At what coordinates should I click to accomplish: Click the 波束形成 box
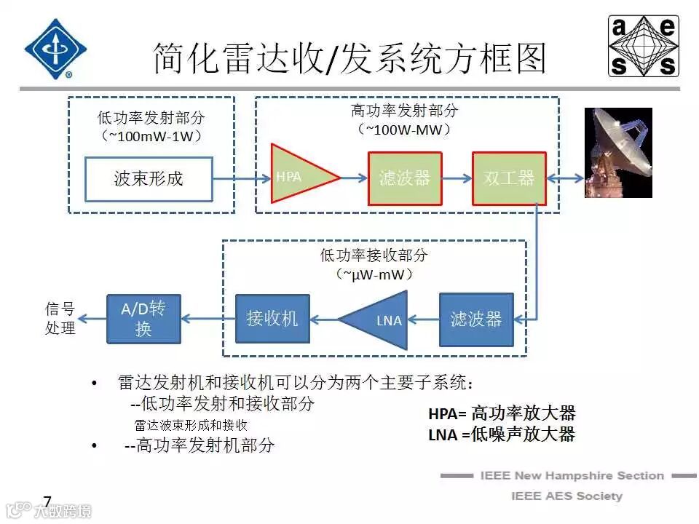tap(149, 179)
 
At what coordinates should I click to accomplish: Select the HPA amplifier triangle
tap(299, 175)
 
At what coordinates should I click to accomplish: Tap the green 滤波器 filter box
tap(405, 178)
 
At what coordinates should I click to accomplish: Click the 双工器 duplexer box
tap(509, 178)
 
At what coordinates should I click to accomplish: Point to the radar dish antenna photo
tap(618, 153)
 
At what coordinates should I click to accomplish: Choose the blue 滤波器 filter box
tap(476, 319)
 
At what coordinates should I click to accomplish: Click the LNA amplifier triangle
tap(379, 319)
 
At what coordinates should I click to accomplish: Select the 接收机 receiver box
tap(272, 319)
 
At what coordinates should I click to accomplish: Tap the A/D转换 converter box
tap(143, 319)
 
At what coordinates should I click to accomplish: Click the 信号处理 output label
tap(60, 319)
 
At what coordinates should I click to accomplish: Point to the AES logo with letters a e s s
tap(644, 47)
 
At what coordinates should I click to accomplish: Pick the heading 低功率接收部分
tap(374, 255)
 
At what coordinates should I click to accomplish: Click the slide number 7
tap(48, 501)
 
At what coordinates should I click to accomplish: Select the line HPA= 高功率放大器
tap(502, 413)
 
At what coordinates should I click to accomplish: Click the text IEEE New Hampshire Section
tap(572, 476)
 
